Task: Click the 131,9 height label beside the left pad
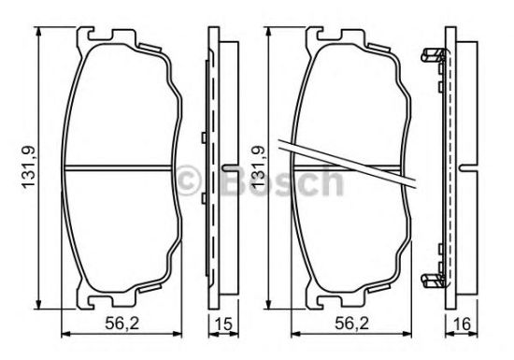[x=29, y=167]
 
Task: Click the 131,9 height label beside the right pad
[x=258, y=167]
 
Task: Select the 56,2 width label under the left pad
[x=121, y=324]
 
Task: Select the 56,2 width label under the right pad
[x=351, y=324]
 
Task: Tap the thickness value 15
[x=224, y=324]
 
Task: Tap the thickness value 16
[x=463, y=324]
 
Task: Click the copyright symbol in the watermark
[x=188, y=180]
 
